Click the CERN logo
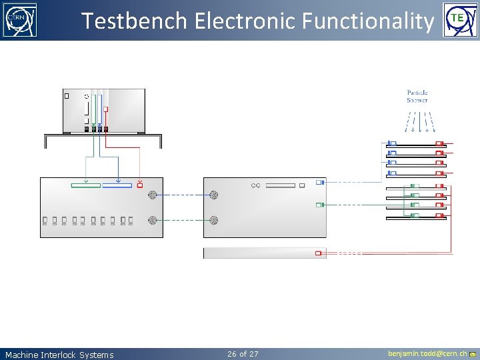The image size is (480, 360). (x=20, y=20)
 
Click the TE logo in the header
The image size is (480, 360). (x=457, y=20)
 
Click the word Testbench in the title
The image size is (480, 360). (x=134, y=21)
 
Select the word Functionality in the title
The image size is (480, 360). (x=367, y=21)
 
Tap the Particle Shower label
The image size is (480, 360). (x=417, y=96)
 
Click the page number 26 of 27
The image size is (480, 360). (x=243, y=353)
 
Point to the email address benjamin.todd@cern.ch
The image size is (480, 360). (x=427, y=353)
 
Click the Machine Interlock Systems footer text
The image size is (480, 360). (x=59, y=355)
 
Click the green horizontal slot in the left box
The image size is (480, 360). (x=85, y=185)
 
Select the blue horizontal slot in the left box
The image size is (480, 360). (x=117, y=185)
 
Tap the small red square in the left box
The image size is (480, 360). (x=139, y=185)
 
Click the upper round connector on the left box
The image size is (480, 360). (x=153, y=195)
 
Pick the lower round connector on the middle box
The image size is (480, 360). (x=213, y=219)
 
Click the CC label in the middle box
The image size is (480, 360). (x=255, y=185)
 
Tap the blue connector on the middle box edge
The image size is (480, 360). (x=319, y=182)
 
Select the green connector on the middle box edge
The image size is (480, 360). (x=319, y=205)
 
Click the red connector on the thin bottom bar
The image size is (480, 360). (x=319, y=253)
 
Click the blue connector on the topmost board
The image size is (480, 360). (x=393, y=143)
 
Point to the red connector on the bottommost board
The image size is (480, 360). (x=439, y=215)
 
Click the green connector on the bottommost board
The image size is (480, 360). (x=414, y=215)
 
